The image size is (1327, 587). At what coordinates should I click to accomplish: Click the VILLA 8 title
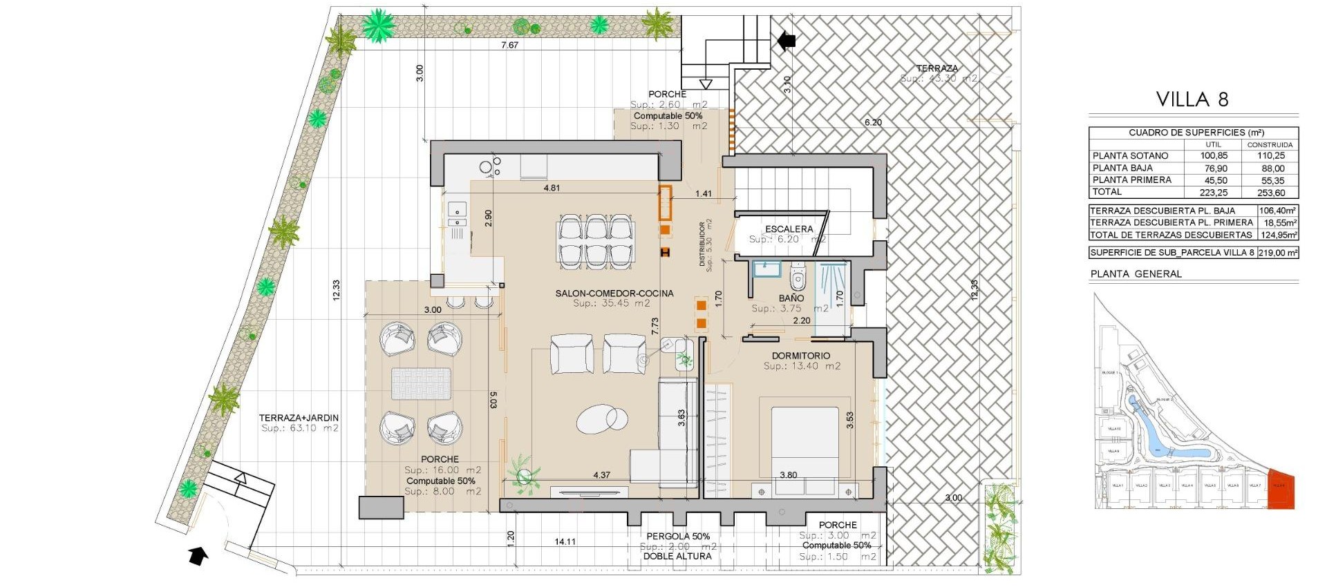pyautogui.click(x=1192, y=99)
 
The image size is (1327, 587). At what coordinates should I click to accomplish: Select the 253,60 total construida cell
pyautogui.click(x=1270, y=193)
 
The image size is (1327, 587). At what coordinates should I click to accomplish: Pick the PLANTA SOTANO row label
pyautogui.click(x=1130, y=155)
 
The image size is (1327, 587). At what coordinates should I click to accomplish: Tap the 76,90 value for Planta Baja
pyautogui.click(x=1214, y=168)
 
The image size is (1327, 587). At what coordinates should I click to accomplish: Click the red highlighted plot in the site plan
pyautogui.click(x=1281, y=489)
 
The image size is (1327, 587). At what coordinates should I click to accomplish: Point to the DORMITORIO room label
pyautogui.click(x=801, y=356)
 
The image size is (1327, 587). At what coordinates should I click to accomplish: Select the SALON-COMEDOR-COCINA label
pyautogui.click(x=614, y=293)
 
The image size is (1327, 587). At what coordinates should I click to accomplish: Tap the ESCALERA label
pyautogui.click(x=789, y=229)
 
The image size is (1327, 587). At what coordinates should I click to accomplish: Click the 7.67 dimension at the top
pyautogui.click(x=509, y=45)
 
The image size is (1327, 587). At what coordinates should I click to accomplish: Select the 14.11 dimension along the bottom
pyautogui.click(x=565, y=541)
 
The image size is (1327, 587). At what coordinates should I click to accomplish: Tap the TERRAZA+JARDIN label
pyautogui.click(x=299, y=418)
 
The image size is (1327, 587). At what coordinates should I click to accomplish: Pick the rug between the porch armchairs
pyautogui.click(x=421, y=384)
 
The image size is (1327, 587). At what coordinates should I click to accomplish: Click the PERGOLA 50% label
pyautogui.click(x=677, y=536)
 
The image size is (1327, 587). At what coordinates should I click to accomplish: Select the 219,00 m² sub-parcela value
pyautogui.click(x=1277, y=253)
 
